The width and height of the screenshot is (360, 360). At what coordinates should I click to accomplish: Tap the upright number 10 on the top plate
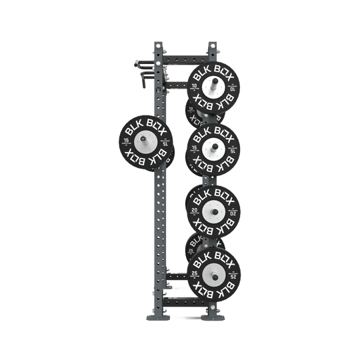click(195, 86)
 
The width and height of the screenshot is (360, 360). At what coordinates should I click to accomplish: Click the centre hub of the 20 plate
click(213, 209)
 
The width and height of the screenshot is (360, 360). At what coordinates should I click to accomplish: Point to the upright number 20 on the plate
click(195, 209)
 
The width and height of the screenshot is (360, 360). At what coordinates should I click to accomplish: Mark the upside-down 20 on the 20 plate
click(233, 209)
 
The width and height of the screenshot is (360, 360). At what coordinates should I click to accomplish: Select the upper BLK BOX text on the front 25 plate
click(213, 257)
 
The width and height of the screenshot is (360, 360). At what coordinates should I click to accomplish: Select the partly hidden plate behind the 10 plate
click(193, 113)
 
